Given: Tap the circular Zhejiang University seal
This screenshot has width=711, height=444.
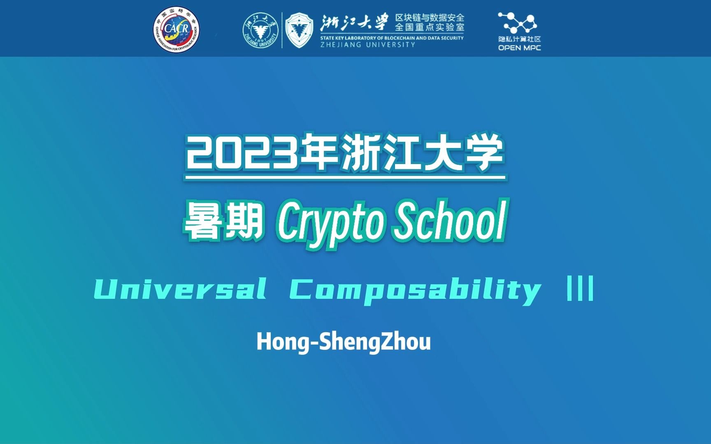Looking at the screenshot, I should click(260, 30).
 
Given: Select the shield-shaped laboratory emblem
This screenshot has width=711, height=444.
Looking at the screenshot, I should click(299, 30).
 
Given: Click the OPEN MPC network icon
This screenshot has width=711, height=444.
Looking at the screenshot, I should click(519, 23).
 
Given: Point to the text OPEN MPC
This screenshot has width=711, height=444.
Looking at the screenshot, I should click(519, 48).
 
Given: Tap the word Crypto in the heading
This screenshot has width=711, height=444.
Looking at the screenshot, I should click(330, 222).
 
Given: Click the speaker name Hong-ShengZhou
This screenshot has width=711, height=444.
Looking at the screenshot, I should click(344, 342).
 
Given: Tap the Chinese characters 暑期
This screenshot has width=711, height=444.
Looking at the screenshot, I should click(223, 222).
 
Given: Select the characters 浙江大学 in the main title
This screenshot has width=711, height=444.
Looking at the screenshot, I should click(422, 154).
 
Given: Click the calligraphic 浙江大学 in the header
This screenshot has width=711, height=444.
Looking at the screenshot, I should click(354, 22).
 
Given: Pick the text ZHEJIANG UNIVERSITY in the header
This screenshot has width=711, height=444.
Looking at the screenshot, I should click(368, 44).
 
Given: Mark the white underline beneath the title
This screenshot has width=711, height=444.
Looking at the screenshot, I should click(345, 178).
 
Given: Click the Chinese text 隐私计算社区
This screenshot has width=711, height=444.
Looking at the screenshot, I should click(519, 39).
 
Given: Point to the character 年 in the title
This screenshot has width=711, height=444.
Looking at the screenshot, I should click(319, 154).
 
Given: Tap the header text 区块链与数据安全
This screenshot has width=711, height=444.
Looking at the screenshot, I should click(430, 18).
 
